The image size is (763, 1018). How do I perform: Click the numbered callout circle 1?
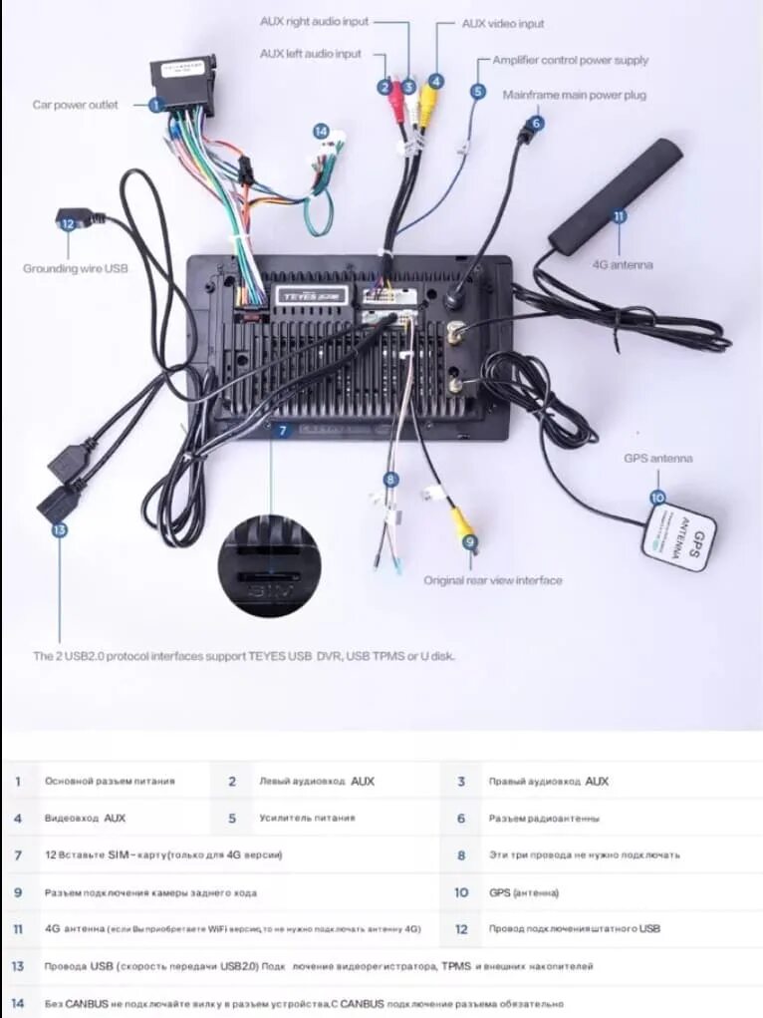[x=156, y=104]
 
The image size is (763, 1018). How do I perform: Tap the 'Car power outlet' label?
[x=75, y=105]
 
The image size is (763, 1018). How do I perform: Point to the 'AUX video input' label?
[x=503, y=24]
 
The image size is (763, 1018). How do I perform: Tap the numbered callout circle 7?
[x=283, y=431]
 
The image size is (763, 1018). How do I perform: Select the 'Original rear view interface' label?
[x=493, y=580]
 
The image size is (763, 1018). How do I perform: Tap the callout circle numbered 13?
[x=59, y=529]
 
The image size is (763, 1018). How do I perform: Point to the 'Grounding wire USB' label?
[x=76, y=268]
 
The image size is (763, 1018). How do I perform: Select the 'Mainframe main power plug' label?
[x=575, y=95]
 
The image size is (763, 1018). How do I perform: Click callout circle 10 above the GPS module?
[x=656, y=497]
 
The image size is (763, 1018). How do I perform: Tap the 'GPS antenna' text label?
[x=658, y=459]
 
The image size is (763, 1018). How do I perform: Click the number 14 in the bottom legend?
[x=17, y=1003]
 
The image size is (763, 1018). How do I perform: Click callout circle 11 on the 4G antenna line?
[x=619, y=214]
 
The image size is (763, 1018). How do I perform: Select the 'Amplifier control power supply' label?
[x=570, y=60]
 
